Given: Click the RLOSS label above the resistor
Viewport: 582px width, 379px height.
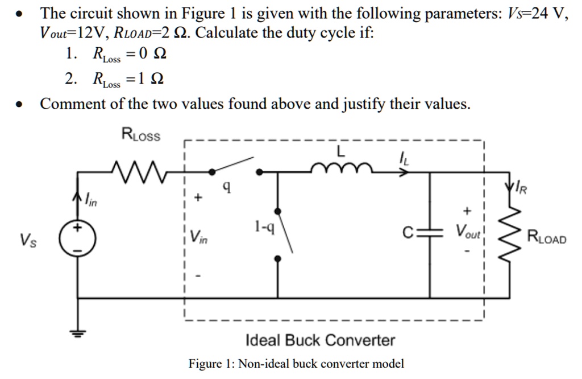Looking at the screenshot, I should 142,135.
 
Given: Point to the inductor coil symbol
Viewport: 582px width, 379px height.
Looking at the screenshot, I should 341,167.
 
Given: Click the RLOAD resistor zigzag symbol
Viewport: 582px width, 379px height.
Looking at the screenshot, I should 509,233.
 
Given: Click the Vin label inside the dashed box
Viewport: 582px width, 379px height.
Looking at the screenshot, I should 199,236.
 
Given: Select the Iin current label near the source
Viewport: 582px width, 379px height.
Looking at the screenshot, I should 92,199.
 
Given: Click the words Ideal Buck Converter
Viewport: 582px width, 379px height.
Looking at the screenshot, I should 320,340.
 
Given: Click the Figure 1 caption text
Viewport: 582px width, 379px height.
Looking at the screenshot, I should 296,364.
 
